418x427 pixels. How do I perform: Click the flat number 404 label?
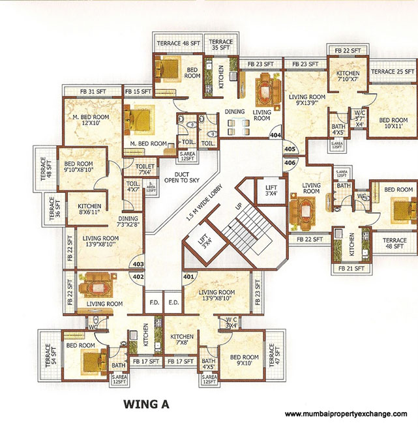(x=275, y=136)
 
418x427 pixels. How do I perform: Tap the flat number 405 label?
(x=290, y=149)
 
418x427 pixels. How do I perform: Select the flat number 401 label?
(x=188, y=276)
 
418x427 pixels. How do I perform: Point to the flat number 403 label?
(x=138, y=264)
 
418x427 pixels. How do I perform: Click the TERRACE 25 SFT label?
(x=393, y=71)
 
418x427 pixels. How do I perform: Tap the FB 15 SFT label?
(x=138, y=91)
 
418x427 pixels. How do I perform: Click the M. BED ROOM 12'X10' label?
(x=91, y=121)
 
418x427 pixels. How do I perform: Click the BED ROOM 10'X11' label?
(x=393, y=124)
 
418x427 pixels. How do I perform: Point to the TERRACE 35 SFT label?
(x=220, y=44)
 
